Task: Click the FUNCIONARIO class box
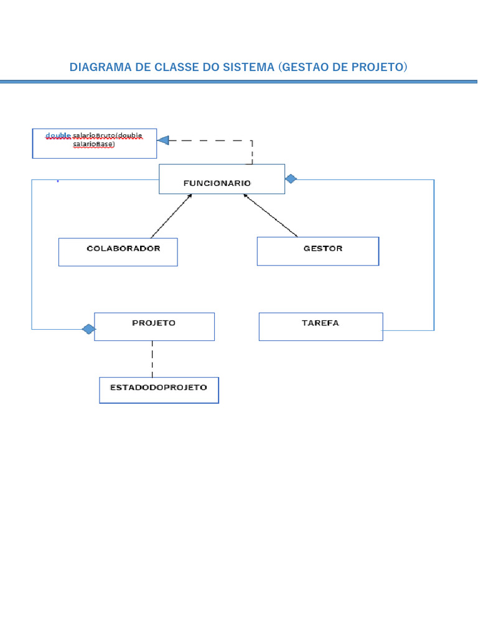pyautogui.click(x=222, y=179)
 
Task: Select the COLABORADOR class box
pyautogui.click(x=118, y=252)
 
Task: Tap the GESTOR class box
pyautogui.click(x=317, y=251)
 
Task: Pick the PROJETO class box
pyautogui.click(x=154, y=327)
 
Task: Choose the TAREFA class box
pyautogui.click(x=321, y=327)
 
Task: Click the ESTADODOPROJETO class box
pyautogui.click(x=159, y=390)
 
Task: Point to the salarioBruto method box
pyautogui.click(x=94, y=144)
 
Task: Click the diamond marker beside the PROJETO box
pyautogui.click(x=88, y=328)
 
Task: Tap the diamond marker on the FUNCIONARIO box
pyautogui.click(x=291, y=179)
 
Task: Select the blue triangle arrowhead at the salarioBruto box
pyautogui.click(x=163, y=141)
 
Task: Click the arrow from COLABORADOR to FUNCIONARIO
pyautogui.click(x=171, y=216)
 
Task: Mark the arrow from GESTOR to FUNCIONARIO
pyautogui.click(x=271, y=216)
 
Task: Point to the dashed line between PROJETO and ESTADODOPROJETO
pyautogui.click(x=152, y=358)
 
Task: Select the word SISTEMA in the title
pyautogui.click(x=245, y=67)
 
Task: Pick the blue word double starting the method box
pyautogui.click(x=58, y=136)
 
